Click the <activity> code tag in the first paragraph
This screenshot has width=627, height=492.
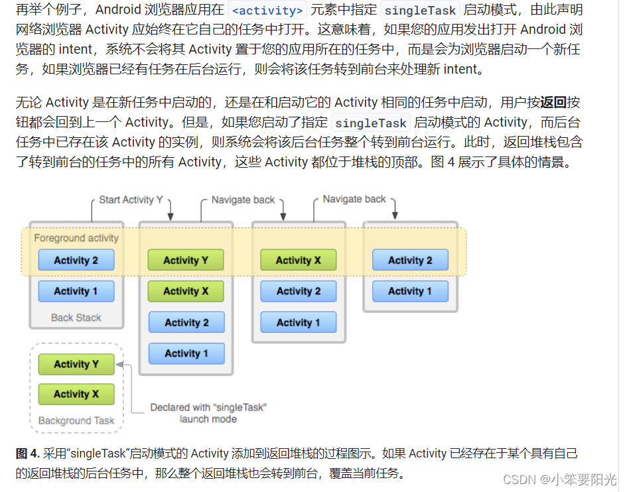[x=267, y=11]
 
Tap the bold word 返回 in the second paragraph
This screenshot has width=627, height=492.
[x=553, y=102]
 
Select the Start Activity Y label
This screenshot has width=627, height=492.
[x=131, y=200]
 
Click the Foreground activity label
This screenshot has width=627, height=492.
[x=76, y=238]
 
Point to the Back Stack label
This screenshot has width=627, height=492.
[x=76, y=318]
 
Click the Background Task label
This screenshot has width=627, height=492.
[x=76, y=420]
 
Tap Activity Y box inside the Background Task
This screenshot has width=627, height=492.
[x=76, y=364]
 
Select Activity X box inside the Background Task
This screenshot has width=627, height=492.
[x=76, y=394]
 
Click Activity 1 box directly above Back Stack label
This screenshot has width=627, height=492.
[x=76, y=291]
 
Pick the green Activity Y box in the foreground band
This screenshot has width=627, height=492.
[x=186, y=260]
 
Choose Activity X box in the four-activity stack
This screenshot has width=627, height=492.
[x=186, y=291]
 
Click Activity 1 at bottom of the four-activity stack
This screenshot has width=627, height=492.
[x=186, y=353]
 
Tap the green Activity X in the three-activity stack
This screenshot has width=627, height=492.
[x=299, y=260]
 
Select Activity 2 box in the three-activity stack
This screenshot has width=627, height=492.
[x=299, y=291]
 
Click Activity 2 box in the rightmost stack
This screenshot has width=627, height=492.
[x=410, y=260]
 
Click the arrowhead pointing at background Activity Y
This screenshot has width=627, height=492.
[x=120, y=365]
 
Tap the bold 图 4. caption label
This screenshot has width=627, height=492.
[x=27, y=454]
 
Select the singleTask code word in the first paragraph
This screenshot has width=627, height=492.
[x=421, y=11]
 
